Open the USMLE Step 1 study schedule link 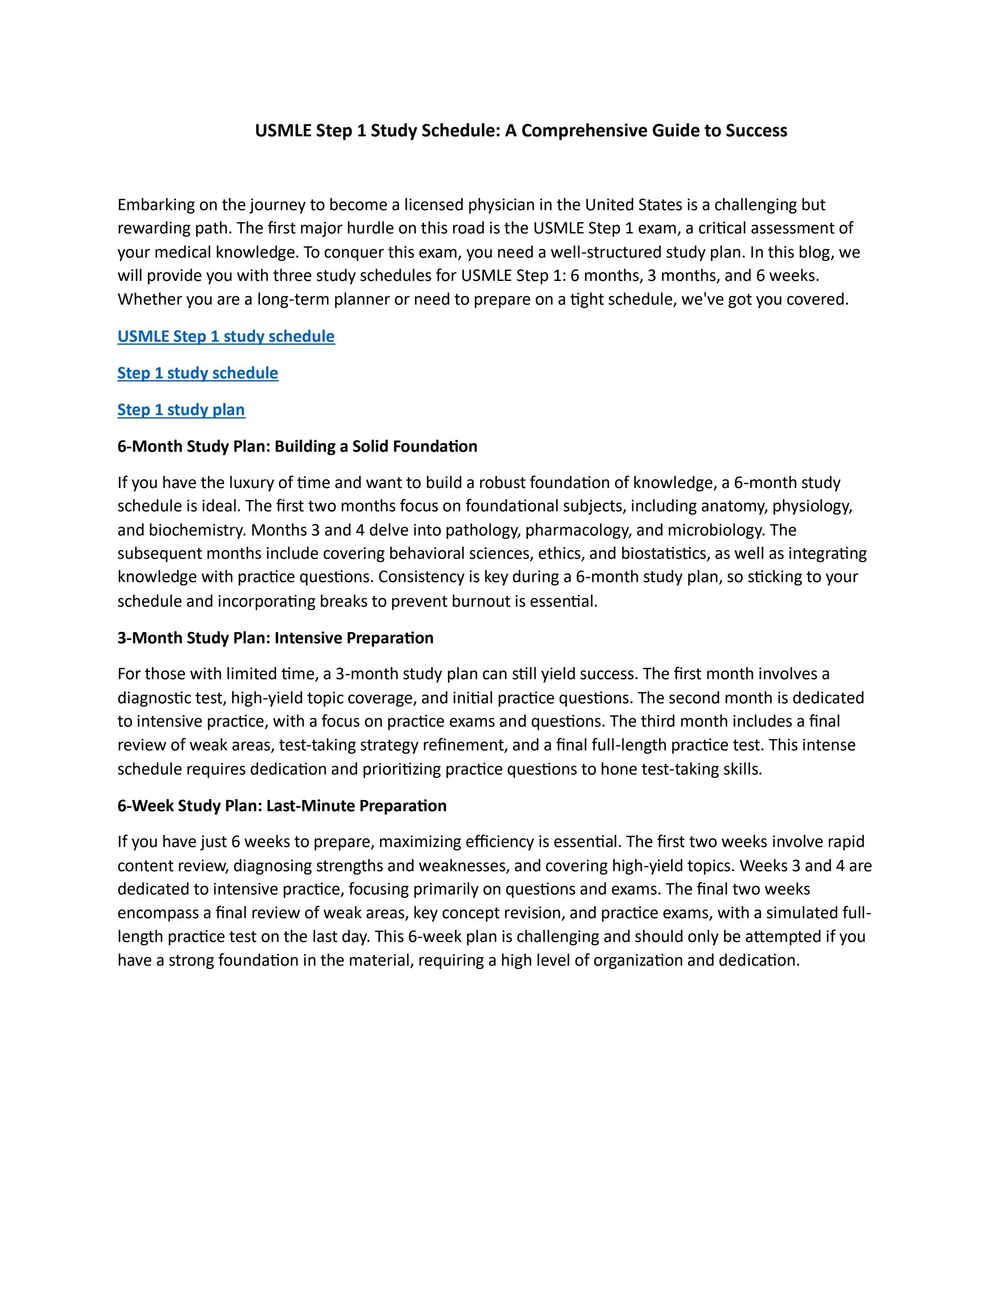pyautogui.click(x=226, y=337)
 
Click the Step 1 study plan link pyautogui.click(x=181, y=409)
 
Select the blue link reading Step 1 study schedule pyautogui.click(x=197, y=373)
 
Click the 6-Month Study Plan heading pyautogui.click(x=297, y=446)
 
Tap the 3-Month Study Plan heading pyautogui.click(x=275, y=638)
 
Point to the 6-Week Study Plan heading pyautogui.click(x=281, y=806)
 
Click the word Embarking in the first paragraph pyautogui.click(x=156, y=205)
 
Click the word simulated pyautogui.click(x=802, y=913)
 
